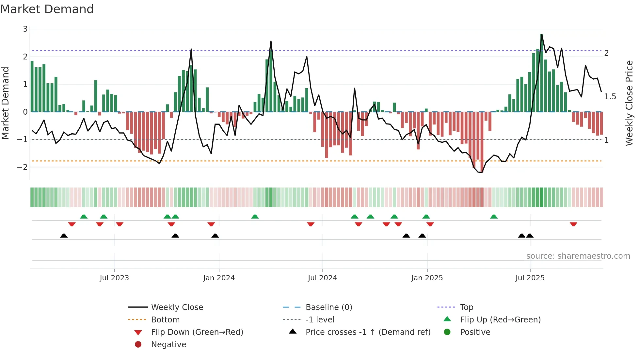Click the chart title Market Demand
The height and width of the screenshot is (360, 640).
pyautogui.click(x=47, y=9)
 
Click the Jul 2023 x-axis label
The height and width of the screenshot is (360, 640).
pyautogui.click(x=114, y=278)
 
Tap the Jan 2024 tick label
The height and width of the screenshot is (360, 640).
pyautogui.click(x=219, y=278)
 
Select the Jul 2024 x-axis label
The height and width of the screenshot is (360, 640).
pyautogui.click(x=322, y=278)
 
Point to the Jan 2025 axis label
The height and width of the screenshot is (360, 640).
pyautogui.click(x=427, y=278)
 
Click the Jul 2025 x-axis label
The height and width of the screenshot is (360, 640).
pyautogui.click(x=530, y=278)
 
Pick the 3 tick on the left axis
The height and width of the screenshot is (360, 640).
pyautogui.click(x=25, y=29)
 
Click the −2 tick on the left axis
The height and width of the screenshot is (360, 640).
pyautogui.click(x=23, y=167)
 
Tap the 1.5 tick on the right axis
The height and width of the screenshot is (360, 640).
pyautogui.click(x=610, y=97)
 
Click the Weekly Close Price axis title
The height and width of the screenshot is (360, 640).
pyautogui.click(x=629, y=103)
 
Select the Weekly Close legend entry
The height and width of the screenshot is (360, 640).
pyautogui.click(x=177, y=307)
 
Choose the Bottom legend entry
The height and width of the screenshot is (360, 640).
pyautogui.click(x=165, y=320)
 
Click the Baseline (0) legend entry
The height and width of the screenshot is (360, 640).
pyautogui.click(x=328, y=307)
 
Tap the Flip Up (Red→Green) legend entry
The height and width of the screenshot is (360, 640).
pyautogui.click(x=500, y=320)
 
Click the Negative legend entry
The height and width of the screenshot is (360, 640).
pyautogui.click(x=168, y=345)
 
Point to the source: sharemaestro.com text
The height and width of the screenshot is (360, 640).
pyautogui.click(x=578, y=256)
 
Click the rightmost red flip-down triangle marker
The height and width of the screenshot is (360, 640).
pyautogui.click(x=573, y=224)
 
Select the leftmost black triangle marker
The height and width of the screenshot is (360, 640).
pyautogui.click(x=64, y=236)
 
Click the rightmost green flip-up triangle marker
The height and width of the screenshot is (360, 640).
pyautogui.click(x=494, y=217)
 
